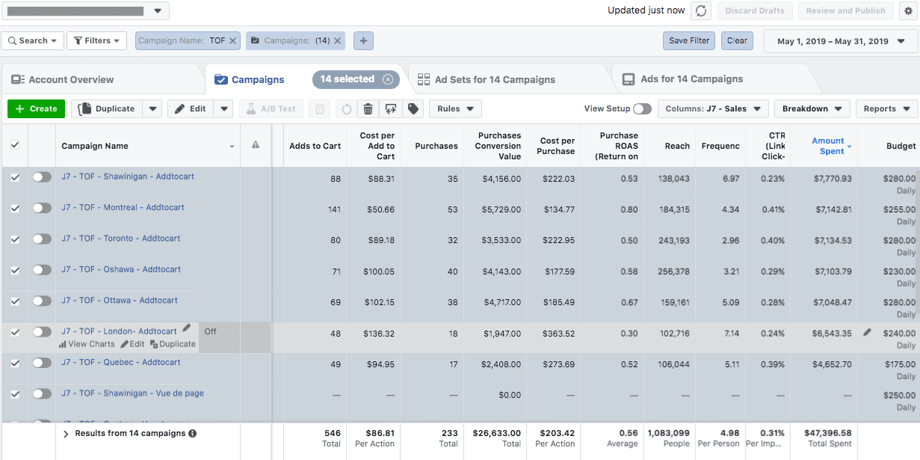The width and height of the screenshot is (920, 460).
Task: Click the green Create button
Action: click(x=36, y=108)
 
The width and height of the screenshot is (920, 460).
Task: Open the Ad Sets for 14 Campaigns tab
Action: click(x=494, y=79)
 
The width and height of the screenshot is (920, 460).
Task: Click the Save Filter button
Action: click(x=688, y=40)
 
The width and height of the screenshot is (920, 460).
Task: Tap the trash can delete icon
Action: click(x=368, y=109)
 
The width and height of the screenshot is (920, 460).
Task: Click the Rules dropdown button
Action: click(x=454, y=108)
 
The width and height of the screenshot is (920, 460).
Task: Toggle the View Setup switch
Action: click(x=641, y=109)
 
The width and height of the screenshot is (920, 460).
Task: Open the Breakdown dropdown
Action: click(x=812, y=108)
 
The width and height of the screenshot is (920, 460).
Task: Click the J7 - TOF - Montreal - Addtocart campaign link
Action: click(x=123, y=207)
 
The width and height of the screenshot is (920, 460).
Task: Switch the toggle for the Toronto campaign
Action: click(x=42, y=239)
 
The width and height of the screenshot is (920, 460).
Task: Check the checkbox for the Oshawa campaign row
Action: click(x=15, y=270)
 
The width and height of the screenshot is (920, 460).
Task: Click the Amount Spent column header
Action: click(x=828, y=146)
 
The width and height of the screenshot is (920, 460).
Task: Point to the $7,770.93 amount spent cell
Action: click(x=832, y=179)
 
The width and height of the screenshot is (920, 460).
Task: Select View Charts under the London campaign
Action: click(x=87, y=344)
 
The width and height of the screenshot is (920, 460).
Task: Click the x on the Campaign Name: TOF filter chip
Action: click(x=233, y=41)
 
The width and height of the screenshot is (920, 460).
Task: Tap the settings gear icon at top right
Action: click(x=907, y=10)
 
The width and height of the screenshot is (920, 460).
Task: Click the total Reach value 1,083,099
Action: click(x=669, y=433)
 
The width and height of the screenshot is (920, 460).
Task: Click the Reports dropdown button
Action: click(x=886, y=108)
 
